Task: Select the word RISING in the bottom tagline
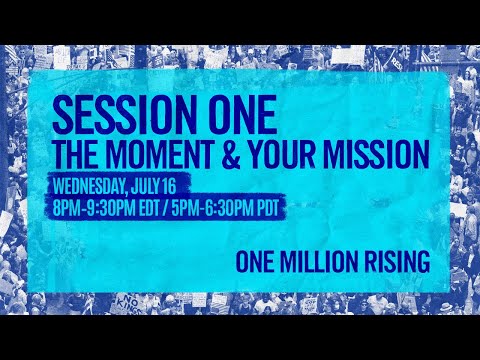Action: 397,262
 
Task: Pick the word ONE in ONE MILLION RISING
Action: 257,262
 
